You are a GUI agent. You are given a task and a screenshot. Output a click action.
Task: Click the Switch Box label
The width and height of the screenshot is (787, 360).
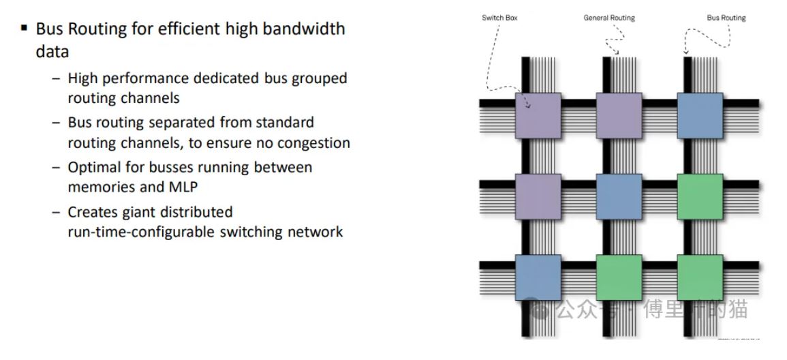499,18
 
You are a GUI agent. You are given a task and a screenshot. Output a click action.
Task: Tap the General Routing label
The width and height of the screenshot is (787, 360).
610,18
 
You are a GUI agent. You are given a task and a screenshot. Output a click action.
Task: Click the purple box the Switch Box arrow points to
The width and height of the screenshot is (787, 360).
538,115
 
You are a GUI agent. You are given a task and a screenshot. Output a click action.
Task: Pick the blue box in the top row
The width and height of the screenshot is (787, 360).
700,115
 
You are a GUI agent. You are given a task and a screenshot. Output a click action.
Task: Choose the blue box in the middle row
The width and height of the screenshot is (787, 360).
619,196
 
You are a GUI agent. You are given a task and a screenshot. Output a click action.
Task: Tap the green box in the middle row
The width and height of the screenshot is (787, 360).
700,196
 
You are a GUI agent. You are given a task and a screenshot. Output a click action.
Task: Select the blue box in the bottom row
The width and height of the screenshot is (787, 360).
538,277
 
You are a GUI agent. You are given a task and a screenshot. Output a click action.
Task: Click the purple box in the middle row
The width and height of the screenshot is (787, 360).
538,196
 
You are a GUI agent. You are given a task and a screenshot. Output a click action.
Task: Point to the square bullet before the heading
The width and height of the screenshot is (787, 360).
25,29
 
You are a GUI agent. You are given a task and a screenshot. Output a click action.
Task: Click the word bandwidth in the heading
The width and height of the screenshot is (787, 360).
307,29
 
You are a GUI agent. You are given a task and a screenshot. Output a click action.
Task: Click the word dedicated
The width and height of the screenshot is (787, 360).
230,78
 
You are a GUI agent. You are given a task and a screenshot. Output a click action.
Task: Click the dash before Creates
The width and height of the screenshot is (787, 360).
56,211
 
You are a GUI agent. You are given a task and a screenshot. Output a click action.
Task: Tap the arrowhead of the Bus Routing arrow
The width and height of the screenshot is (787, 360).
685,52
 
